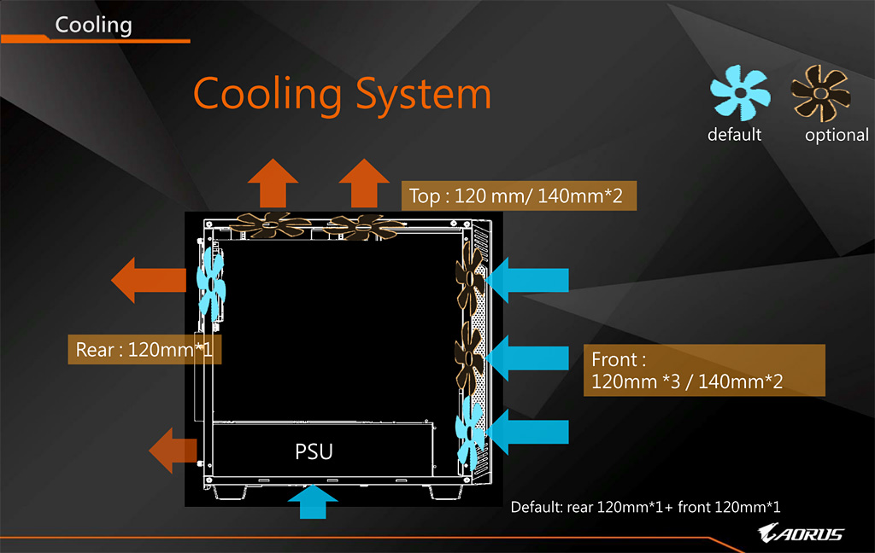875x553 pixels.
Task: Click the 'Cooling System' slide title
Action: pos(342,94)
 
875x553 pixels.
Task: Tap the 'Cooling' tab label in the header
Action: pos(93,25)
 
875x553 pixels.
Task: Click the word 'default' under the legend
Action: pos(734,134)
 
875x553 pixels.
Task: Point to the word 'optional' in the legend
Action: pos(836,135)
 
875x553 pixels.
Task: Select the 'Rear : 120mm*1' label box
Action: pos(144,349)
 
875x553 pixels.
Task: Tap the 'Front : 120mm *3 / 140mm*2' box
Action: pos(704,370)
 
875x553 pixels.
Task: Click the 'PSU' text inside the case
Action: pos(314,451)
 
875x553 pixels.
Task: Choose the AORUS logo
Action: pos(802,534)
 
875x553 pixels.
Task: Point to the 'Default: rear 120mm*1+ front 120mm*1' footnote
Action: pos(645,507)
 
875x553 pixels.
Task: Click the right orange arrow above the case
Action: pos(363,183)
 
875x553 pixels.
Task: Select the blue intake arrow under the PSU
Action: pos(314,503)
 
